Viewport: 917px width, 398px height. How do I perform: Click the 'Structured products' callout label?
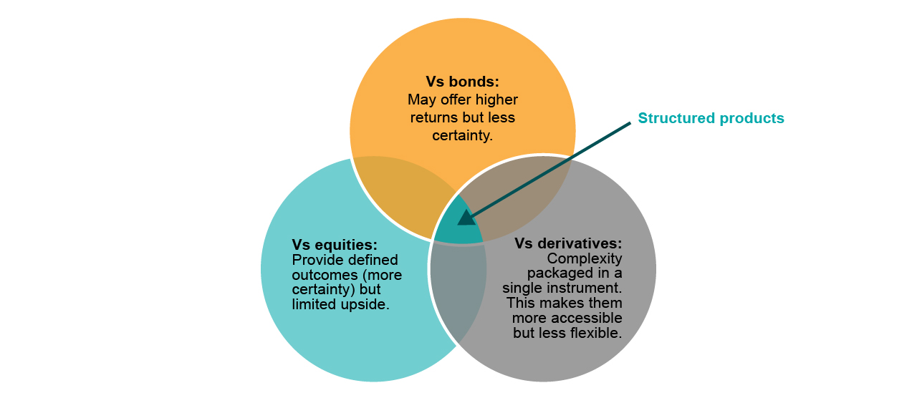tap(711, 118)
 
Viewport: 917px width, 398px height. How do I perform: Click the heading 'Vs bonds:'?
tap(462, 82)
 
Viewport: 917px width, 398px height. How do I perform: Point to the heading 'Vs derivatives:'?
tap(568, 243)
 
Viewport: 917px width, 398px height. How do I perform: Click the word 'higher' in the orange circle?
tap(492, 99)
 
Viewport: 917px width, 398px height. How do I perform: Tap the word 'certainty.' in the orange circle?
tap(462, 134)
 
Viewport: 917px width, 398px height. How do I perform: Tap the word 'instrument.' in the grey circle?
tap(587, 288)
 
